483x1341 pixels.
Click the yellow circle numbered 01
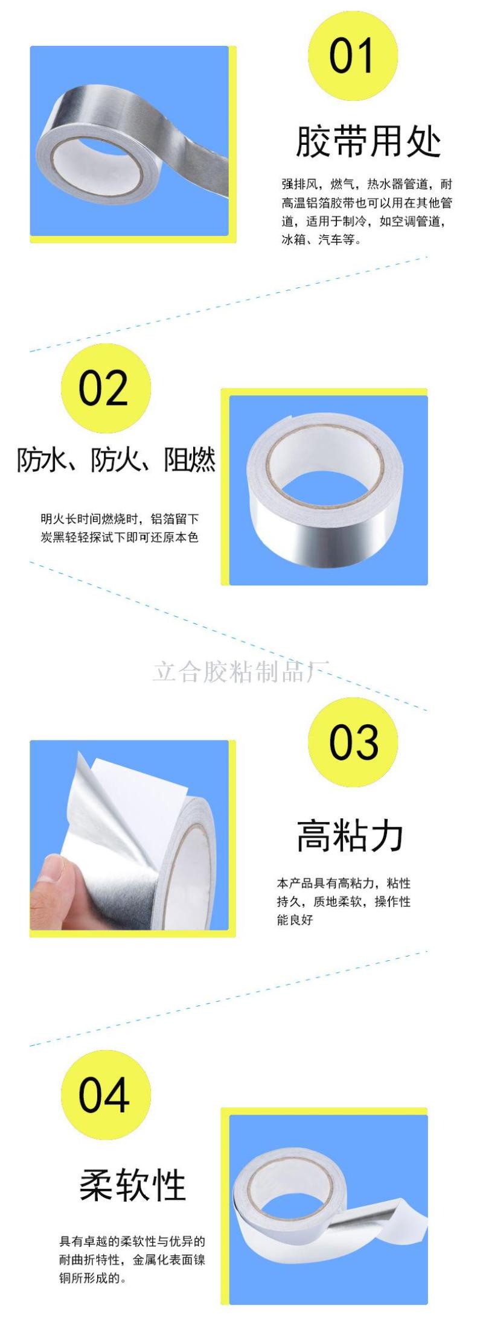pos(353,55)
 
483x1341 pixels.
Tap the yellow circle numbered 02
pos(106,388)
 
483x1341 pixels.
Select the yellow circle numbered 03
pos(353,742)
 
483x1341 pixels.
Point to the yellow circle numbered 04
pos(106,1095)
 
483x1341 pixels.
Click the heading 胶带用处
pos(368,142)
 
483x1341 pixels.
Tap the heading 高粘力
pos(350,836)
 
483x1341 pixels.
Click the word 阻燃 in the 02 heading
pos(190,460)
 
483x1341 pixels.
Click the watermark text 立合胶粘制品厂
pos(241,672)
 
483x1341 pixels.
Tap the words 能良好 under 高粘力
pos(295,920)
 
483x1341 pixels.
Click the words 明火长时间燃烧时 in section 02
pos(91,518)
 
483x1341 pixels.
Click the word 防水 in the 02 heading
pos(40,460)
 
